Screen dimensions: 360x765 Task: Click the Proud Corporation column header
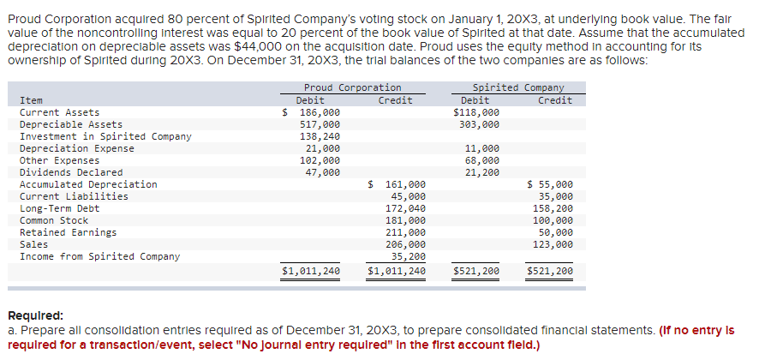click(352, 87)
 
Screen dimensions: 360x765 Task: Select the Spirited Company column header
click(518, 87)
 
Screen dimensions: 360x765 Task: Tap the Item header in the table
click(31, 100)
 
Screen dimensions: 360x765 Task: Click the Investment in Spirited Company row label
click(105, 136)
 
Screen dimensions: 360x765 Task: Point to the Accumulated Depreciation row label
click(88, 184)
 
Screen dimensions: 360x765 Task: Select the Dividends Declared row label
click(71, 172)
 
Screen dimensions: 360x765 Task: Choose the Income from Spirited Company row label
click(99, 256)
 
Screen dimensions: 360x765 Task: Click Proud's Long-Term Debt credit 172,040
click(405, 208)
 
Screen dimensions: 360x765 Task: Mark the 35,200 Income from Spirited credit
click(408, 256)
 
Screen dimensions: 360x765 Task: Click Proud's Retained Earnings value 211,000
click(405, 232)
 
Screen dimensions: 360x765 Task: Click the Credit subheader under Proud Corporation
click(395, 100)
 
